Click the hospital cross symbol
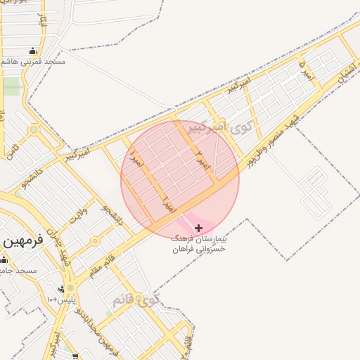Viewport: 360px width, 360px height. point(198,228)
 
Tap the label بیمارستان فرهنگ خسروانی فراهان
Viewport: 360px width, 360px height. point(204,244)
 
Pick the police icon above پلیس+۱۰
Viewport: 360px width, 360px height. point(62,289)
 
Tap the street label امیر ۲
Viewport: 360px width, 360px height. point(202,161)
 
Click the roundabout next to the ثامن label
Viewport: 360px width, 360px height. point(33,130)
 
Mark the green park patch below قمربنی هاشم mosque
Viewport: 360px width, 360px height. point(11,86)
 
